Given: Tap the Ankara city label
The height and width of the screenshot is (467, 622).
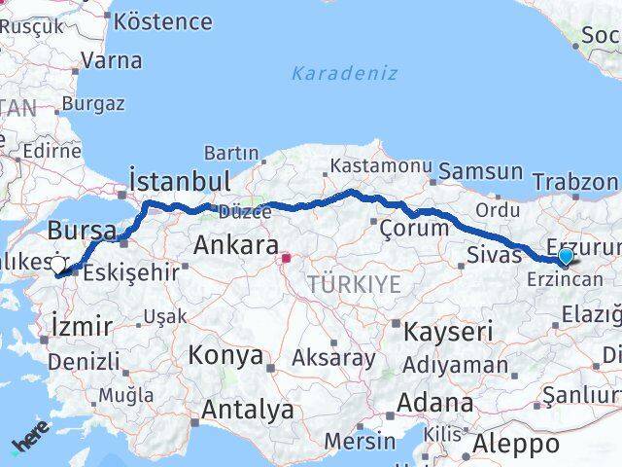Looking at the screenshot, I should [x=236, y=245].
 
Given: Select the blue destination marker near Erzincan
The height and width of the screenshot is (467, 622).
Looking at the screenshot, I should [x=566, y=256].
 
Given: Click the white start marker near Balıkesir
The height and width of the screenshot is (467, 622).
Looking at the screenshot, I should [x=57, y=265].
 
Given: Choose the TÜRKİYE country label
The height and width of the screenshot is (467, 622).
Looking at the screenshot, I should [x=354, y=284].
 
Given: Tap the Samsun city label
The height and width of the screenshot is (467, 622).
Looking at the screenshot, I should [x=481, y=172].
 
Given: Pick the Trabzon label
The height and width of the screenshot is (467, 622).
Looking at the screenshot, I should [x=574, y=182].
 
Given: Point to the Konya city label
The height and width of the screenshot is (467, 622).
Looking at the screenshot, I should [x=225, y=355].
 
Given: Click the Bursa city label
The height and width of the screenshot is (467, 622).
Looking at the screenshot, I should [x=82, y=231].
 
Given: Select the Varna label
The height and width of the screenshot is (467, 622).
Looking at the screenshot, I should [x=112, y=60].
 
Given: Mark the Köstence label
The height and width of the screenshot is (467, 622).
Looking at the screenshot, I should [x=163, y=21].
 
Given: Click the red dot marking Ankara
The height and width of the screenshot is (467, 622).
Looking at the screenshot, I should [x=286, y=259].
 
